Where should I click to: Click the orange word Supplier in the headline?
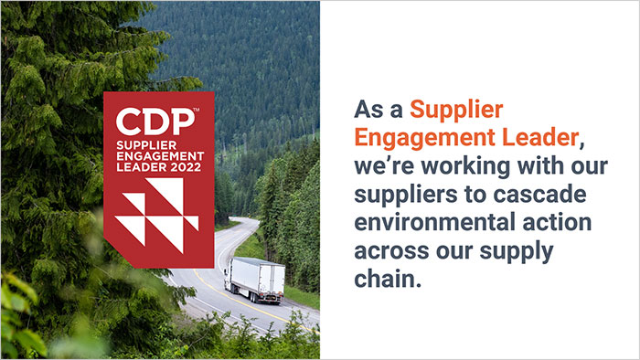tap(456, 111)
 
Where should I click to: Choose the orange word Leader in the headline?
tap(539, 139)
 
